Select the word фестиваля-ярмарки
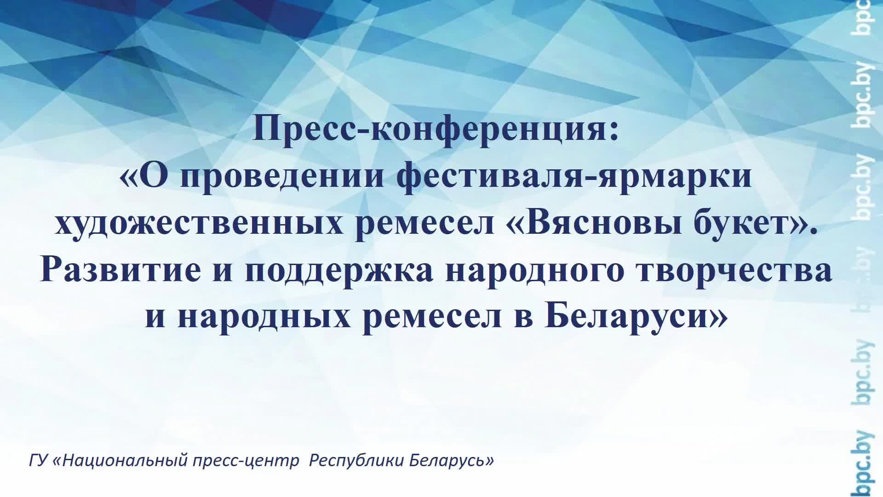pos(574,177)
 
